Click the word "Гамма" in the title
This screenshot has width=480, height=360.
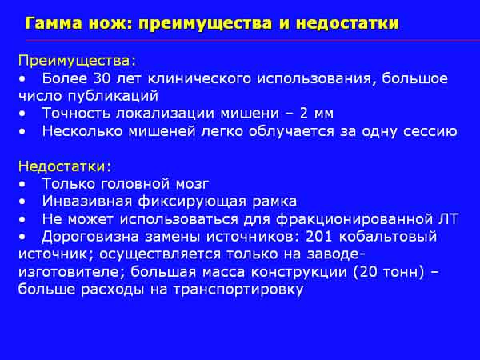54,23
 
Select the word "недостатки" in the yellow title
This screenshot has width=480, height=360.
347,23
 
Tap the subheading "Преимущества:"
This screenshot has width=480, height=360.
77,62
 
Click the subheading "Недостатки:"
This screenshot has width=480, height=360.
65,166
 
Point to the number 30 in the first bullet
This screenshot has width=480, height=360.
102,78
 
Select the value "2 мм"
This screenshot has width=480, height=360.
317,114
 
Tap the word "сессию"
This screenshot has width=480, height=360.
430,132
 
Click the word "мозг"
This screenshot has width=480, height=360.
192,184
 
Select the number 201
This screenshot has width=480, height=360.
319,237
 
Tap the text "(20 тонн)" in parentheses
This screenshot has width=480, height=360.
389,272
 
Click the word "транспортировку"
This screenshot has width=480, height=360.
238,290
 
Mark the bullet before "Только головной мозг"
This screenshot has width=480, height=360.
22,185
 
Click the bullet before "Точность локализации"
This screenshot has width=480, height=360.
22,114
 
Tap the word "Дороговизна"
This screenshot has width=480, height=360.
90,238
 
